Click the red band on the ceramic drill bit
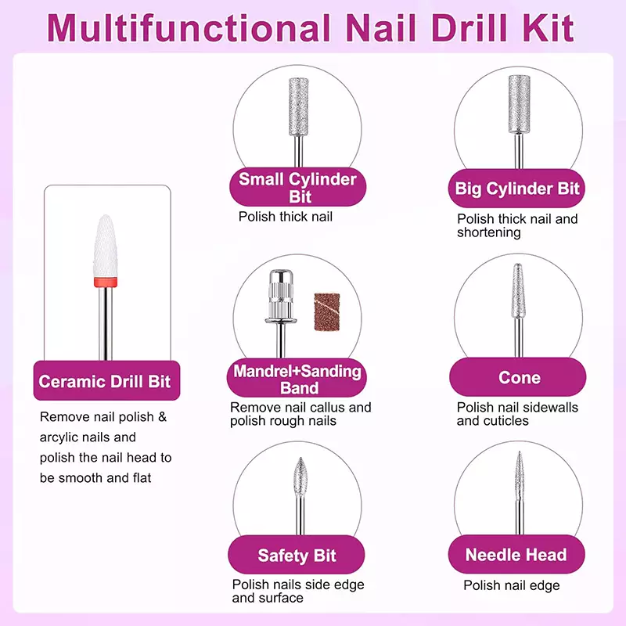(106, 282)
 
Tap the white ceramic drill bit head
(106, 246)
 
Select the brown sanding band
(327, 312)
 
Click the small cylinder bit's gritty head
(299, 106)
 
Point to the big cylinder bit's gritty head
(519, 104)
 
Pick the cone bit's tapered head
(518, 290)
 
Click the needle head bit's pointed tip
(519, 452)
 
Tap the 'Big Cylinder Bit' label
(517, 189)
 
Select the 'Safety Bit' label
(297, 556)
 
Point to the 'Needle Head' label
(516, 555)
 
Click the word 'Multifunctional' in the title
(189, 28)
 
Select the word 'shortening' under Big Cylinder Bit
(489, 232)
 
